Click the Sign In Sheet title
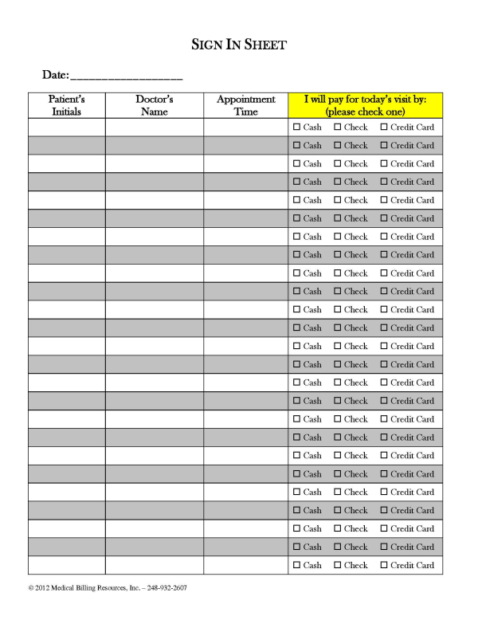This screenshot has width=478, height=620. pyautogui.click(x=239, y=45)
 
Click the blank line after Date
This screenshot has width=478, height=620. pyautogui.click(x=127, y=77)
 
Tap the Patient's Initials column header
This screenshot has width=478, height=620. pyautogui.click(x=67, y=105)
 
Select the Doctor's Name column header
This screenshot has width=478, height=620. pyautogui.click(x=154, y=105)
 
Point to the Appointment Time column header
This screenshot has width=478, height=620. pyautogui.click(x=245, y=105)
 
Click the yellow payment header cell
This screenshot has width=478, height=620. pyautogui.click(x=365, y=105)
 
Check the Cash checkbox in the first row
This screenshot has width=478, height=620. pyautogui.click(x=297, y=127)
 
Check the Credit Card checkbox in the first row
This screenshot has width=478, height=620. pyautogui.click(x=384, y=127)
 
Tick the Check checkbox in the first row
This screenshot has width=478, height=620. pyautogui.click(x=338, y=127)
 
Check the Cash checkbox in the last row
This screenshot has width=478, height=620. pyautogui.click(x=297, y=565)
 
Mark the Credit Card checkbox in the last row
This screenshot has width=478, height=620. pyautogui.click(x=384, y=565)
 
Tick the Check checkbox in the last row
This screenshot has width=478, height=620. pyautogui.click(x=338, y=565)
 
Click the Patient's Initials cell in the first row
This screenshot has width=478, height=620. pyautogui.click(x=67, y=127)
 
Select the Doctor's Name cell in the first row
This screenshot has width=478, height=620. pyautogui.click(x=154, y=127)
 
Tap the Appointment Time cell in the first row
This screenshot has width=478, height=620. pyautogui.click(x=245, y=127)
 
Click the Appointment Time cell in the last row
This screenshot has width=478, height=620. pyautogui.click(x=245, y=565)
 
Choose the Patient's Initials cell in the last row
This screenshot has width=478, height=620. pyautogui.click(x=67, y=565)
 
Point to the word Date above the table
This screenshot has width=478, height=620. pyautogui.click(x=55, y=75)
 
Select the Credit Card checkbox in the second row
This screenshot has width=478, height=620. pyautogui.click(x=384, y=145)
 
